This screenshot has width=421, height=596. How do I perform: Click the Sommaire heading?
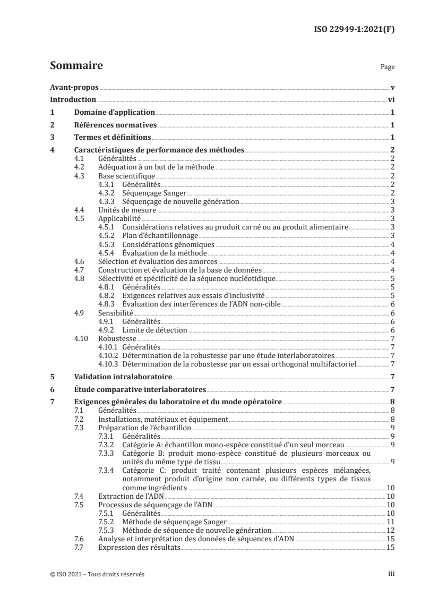(x=76, y=66)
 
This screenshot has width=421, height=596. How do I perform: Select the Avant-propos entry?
(x=74, y=87)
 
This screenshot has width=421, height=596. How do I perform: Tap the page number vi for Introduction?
(x=390, y=99)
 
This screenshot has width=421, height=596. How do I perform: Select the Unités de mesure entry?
(x=127, y=210)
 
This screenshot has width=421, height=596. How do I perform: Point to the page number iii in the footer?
(x=391, y=574)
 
